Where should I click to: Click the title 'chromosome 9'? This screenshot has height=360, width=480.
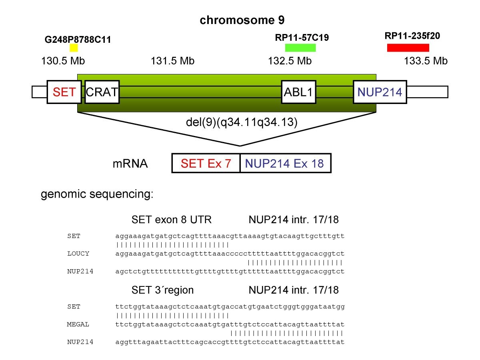point(240,20)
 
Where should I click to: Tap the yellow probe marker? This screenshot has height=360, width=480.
point(74,48)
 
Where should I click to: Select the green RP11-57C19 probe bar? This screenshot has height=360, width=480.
point(300,48)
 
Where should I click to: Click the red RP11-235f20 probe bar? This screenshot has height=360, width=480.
point(408,48)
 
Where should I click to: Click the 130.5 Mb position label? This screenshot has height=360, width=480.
point(63,61)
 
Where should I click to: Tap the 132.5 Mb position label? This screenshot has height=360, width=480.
point(289,61)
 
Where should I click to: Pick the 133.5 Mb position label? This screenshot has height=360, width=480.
point(426,61)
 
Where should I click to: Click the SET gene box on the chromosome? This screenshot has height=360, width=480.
point(64,92)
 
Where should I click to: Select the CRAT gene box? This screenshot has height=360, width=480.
point(102,92)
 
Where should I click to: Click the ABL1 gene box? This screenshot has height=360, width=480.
point(298,92)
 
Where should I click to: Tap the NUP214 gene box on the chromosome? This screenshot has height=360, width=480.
point(380,92)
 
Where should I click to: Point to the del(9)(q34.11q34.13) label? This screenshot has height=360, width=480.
point(242,122)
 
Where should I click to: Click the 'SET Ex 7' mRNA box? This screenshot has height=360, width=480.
point(206,163)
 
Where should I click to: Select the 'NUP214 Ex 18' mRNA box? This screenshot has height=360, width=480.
point(285,163)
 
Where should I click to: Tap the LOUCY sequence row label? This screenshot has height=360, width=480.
point(78,254)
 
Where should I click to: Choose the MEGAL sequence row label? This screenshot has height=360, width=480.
point(78,324)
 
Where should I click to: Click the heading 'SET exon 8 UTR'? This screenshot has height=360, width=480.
point(171,220)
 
